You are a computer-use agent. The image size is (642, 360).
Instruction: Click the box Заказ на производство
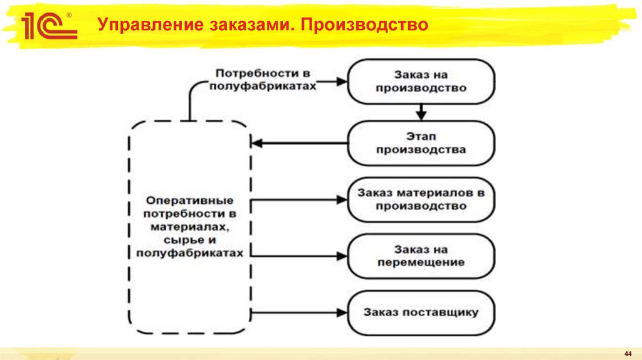(x=421, y=82)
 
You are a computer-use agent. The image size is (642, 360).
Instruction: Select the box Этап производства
(x=421, y=143)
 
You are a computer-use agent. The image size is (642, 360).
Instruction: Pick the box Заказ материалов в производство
(x=421, y=199)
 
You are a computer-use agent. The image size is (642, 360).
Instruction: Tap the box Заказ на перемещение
(x=421, y=256)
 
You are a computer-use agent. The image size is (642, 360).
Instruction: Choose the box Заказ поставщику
(x=421, y=312)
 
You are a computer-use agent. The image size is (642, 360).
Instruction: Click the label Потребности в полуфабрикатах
(x=263, y=80)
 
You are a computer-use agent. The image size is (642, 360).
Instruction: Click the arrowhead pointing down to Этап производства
(x=421, y=115)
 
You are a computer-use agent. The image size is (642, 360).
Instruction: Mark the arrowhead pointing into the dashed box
(x=256, y=143)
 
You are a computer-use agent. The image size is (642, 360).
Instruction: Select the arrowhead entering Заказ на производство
(x=342, y=81)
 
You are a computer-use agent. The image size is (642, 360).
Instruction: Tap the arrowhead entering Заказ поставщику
(x=342, y=312)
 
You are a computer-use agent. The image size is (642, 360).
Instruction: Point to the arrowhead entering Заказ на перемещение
(x=342, y=256)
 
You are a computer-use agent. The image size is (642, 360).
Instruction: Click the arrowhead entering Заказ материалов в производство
(x=342, y=199)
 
